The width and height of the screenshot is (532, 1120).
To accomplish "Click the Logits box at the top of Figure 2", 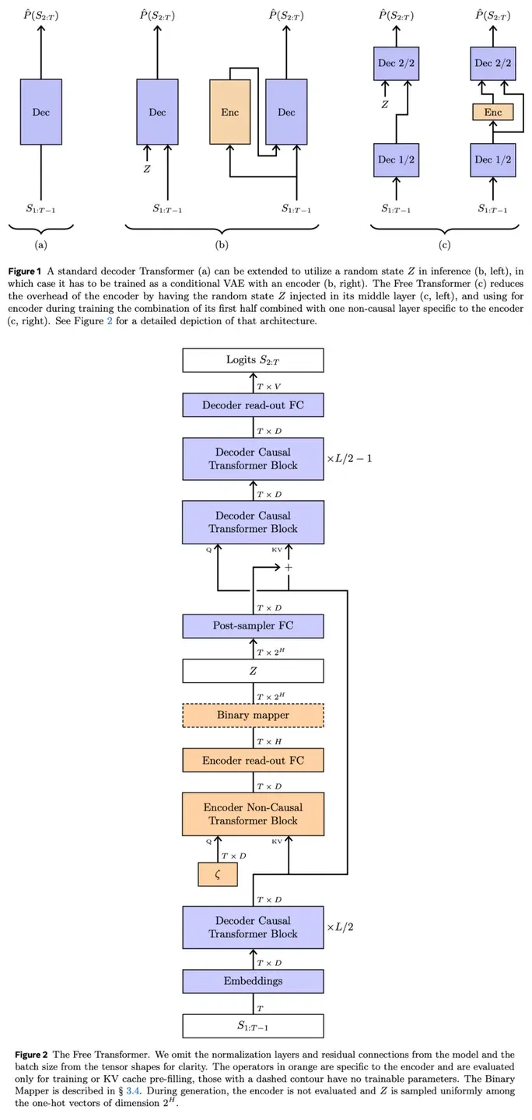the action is click(x=253, y=360).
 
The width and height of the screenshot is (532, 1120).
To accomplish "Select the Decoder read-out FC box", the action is click(x=253, y=405).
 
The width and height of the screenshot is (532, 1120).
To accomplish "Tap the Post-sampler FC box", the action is click(x=253, y=626).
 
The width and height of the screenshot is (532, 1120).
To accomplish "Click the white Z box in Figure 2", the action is click(x=253, y=671).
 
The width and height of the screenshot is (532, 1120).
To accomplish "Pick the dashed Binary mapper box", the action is click(x=253, y=716).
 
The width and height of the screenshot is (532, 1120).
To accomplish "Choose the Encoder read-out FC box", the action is click(x=253, y=761).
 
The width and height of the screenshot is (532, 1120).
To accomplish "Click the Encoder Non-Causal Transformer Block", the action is click(x=253, y=814).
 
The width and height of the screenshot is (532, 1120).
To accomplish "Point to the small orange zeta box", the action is click(x=218, y=874).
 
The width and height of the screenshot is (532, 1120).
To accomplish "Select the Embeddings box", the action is click(x=253, y=981).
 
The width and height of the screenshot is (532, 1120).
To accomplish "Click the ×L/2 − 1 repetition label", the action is click(x=349, y=459).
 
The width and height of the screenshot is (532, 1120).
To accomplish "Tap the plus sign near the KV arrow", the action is click(x=288, y=568).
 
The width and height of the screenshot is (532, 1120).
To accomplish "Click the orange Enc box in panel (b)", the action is click(x=230, y=112).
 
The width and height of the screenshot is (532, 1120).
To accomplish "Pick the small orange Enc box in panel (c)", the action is click(x=493, y=112).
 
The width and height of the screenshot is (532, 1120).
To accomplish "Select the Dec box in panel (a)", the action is click(x=41, y=112).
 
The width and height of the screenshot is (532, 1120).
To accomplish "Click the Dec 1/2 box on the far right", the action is click(x=493, y=160).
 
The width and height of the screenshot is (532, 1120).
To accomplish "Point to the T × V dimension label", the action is click(x=269, y=387).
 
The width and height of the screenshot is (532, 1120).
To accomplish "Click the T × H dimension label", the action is click(x=269, y=742).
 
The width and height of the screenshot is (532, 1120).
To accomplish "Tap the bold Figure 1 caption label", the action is click(x=25, y=271).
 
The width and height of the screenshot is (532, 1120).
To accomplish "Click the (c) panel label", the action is click(x=445, y=245).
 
